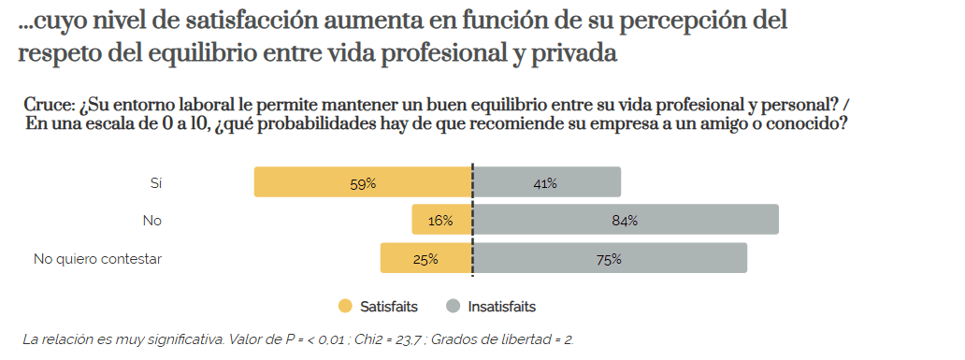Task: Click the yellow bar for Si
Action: click(363, 182)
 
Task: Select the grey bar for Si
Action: click(547, 182)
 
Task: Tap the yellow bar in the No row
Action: click(442, 221)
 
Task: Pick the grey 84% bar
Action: click(626, 221)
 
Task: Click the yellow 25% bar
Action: click(426, 259)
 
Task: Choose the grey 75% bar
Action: click(610, 259)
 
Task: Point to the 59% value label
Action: click(363, 183)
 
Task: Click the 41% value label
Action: click(545, 183)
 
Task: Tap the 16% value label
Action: click(440, 222)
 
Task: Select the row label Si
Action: click(156, 183)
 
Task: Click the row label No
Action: click(152, 222)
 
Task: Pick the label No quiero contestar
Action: click(98, 259)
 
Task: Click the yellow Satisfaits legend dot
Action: click(345, 306)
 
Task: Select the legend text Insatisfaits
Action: click(501, 307)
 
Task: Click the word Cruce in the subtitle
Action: click(50, 104)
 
